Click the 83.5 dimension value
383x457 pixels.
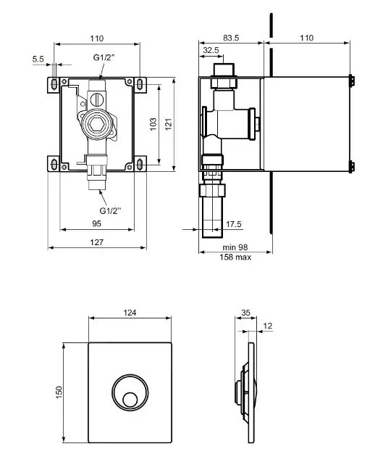[231, 38]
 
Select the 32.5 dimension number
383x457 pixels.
[211, 50]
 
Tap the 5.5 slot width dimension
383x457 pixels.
[38, 59]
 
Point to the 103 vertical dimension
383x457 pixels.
[153, 124]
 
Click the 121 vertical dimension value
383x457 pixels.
[169, 124]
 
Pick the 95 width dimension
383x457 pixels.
[96, 223]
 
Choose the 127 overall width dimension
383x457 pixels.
[96, 242]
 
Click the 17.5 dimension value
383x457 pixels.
[234, 224]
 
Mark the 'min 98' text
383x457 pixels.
[235, 247]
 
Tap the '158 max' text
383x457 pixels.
[235, 257]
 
